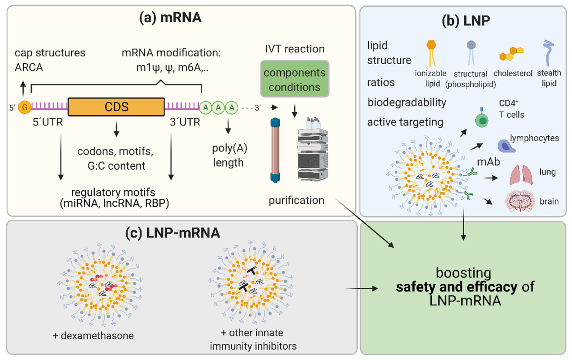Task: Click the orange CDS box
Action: tap(116, 107)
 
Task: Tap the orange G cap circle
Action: tap(25, 107)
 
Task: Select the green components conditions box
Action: tap(294, 79)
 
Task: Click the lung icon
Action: tap(521, 175)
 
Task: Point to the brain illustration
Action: tap(520, 201)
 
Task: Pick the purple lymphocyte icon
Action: tap(506, 146)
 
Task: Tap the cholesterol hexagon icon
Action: tap(511, 53)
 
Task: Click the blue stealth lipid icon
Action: tap(548, 53)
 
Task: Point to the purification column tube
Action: tap(275, 150)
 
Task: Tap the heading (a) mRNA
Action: tap(170, 18)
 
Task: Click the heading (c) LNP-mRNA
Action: tap(173, 233)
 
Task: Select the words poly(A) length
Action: tap(229, 155)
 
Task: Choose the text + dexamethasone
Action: tap(93, 336)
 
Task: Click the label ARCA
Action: tap(29, 67)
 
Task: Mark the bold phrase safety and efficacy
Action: tap(457, 287)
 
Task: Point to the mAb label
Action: tap(488, 162)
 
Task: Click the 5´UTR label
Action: tap(48, 122)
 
